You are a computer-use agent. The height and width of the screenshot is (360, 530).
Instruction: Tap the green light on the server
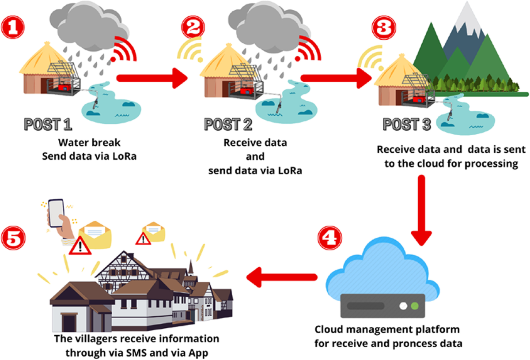[x=414, y=305]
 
